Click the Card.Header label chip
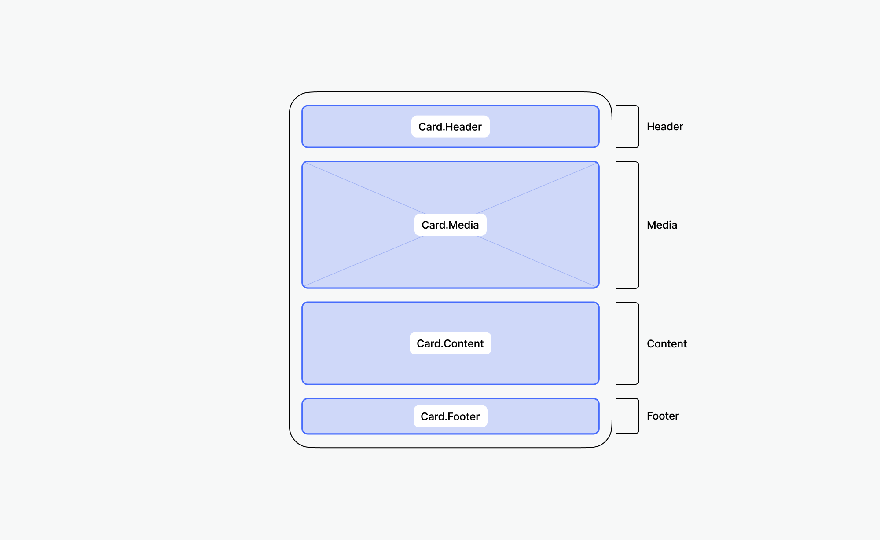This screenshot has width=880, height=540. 450,127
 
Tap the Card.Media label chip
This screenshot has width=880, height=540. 450,225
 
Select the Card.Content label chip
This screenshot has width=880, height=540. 450,343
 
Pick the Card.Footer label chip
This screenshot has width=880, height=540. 450,416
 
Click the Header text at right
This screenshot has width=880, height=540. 664,127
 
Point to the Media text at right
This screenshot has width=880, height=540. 661,225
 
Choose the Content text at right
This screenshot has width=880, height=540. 666,344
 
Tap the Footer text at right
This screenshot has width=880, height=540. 662,416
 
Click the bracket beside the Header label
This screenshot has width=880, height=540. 638,127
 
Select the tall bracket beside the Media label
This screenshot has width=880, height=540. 638,225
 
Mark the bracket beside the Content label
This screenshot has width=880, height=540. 638,343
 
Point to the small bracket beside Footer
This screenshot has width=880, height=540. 638,416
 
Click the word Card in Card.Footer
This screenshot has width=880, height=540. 433,416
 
